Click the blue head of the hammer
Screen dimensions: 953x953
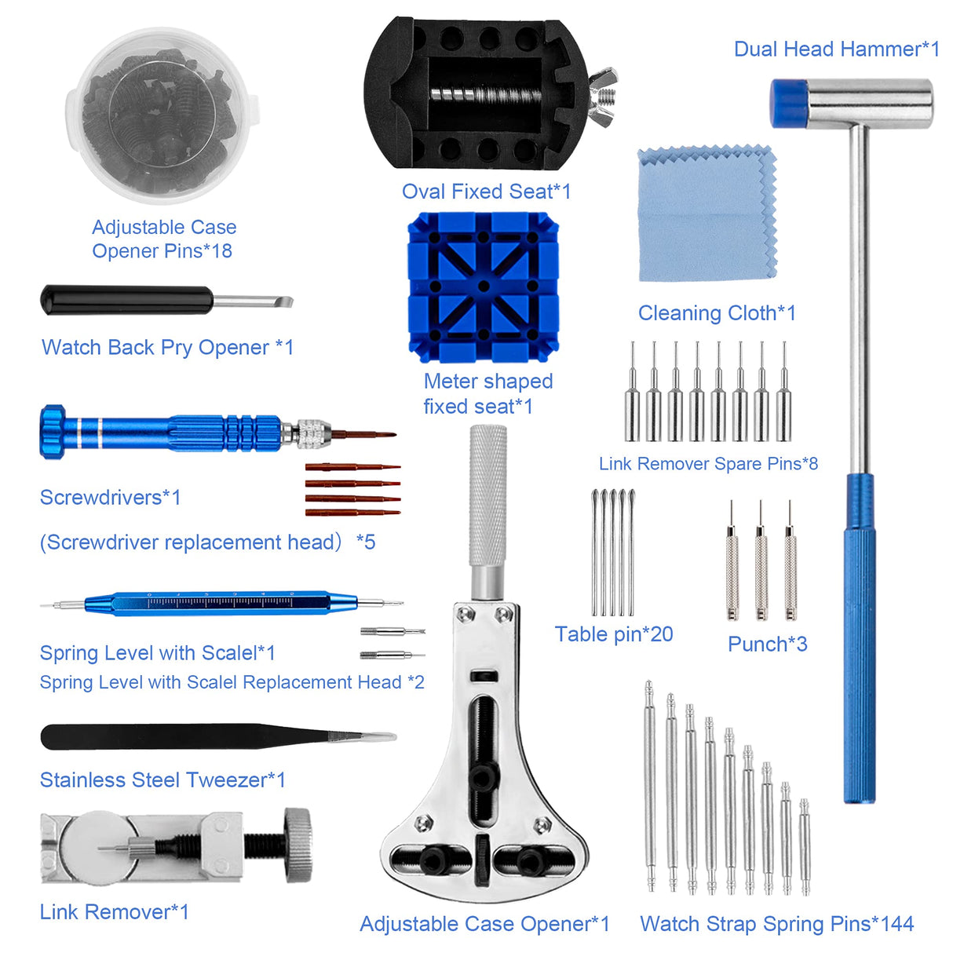tap(788, 103)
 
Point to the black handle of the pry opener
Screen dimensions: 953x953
tap(126, 301)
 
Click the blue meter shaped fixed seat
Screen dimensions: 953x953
tap(483, 286)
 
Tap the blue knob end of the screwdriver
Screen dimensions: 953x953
tap(53, 431)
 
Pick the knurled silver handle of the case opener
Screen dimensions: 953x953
tap(487, 495)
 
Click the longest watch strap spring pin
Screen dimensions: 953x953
tap(650, 785)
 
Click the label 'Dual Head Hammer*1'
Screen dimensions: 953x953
tap(836, 49)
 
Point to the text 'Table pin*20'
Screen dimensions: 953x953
tap(614, 634)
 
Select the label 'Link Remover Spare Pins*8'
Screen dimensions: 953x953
tap(708, 464)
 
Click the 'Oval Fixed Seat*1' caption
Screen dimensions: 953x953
tap(486, 192)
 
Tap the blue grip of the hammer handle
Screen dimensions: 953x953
tap(859, 644)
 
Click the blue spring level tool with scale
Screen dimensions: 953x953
tap(220, 603)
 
